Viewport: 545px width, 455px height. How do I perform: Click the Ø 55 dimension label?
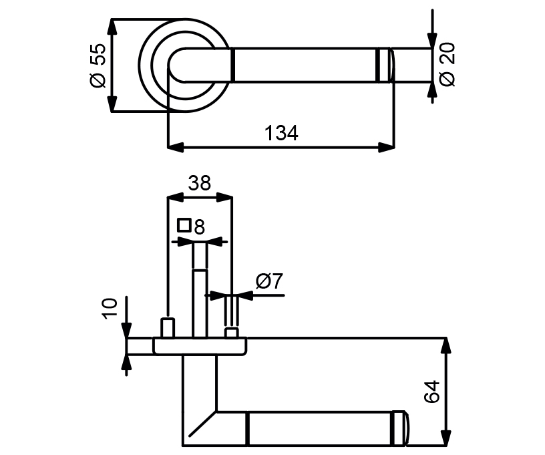tap(98, 65)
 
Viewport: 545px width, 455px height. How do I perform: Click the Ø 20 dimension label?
tap(447, 64)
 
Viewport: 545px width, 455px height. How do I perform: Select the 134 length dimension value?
tap(281, 133)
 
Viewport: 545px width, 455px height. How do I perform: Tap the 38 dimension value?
tap(199, 182)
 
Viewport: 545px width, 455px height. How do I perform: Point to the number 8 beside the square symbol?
tap(198, 226)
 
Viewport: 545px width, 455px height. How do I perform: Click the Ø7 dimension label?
tap(270, 281)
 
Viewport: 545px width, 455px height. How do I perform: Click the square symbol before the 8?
tap(184, 225)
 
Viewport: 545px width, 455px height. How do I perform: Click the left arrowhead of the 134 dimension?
tap(174, 146)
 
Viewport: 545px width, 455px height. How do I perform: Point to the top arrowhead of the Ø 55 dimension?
tap(112, 27)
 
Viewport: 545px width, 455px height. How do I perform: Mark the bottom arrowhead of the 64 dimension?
tap(446, 438)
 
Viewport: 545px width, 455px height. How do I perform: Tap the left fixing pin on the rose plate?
tap(168, 328)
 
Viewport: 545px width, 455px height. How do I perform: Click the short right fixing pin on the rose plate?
tap(232, 332)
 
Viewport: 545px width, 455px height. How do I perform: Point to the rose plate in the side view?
tap(200, 346)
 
